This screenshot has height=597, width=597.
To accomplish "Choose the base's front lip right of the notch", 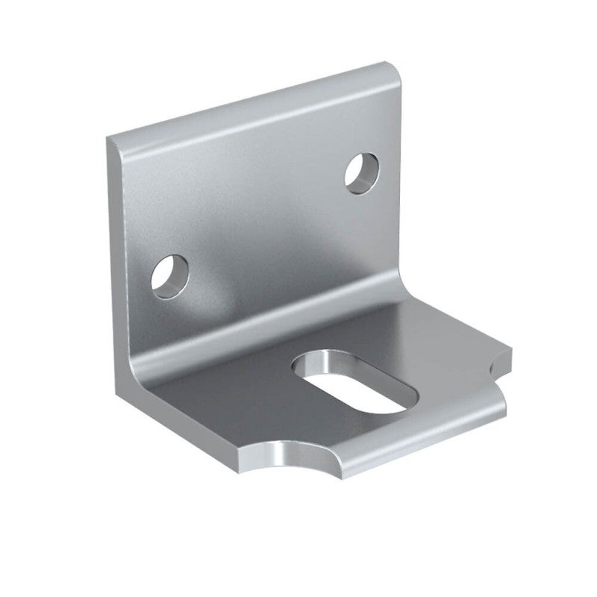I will (x=425, y=440).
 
